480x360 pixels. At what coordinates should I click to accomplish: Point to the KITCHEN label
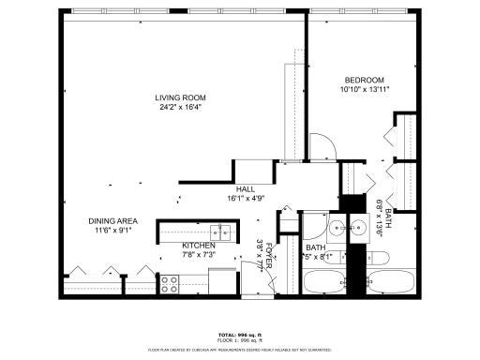[x=199, y=246]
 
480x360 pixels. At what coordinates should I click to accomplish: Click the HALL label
[x=246, y=189]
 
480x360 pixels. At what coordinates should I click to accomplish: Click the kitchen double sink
[x=220, y=233]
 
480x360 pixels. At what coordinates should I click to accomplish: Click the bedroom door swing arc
[x=322, y=145]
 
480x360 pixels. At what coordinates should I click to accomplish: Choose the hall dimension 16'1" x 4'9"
[x=246, y=199]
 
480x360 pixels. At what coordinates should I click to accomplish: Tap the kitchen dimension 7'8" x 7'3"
[x=199, y=255]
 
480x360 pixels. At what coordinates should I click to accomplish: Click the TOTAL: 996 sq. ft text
[x=240, y=334]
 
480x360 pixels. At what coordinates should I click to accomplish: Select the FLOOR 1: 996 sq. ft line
[x=240, y=339]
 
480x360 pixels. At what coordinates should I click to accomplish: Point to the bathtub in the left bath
[x=323, y=280]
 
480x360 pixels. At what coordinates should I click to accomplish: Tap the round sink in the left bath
[x=336, y=226]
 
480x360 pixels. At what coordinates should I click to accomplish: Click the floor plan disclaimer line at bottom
[x=240, y=348]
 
